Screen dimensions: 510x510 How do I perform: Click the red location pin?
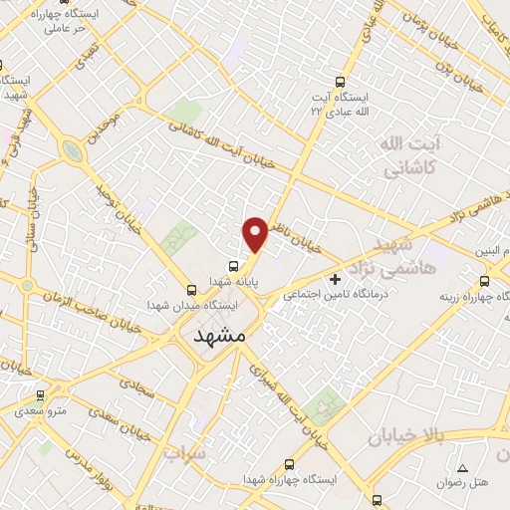tap(256, 233)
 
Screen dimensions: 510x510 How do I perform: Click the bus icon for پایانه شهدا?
tap(233, 266)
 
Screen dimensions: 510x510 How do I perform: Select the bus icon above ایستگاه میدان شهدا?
tap(191, 290)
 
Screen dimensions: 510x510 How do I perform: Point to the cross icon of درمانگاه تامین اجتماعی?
tap(335, 279)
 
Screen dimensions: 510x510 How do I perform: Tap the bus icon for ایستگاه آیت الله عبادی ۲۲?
tap(341, 83)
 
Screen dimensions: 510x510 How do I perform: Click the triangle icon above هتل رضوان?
tap(461, 468)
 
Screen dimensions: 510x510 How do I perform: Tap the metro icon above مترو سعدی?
tap(40, 395)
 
